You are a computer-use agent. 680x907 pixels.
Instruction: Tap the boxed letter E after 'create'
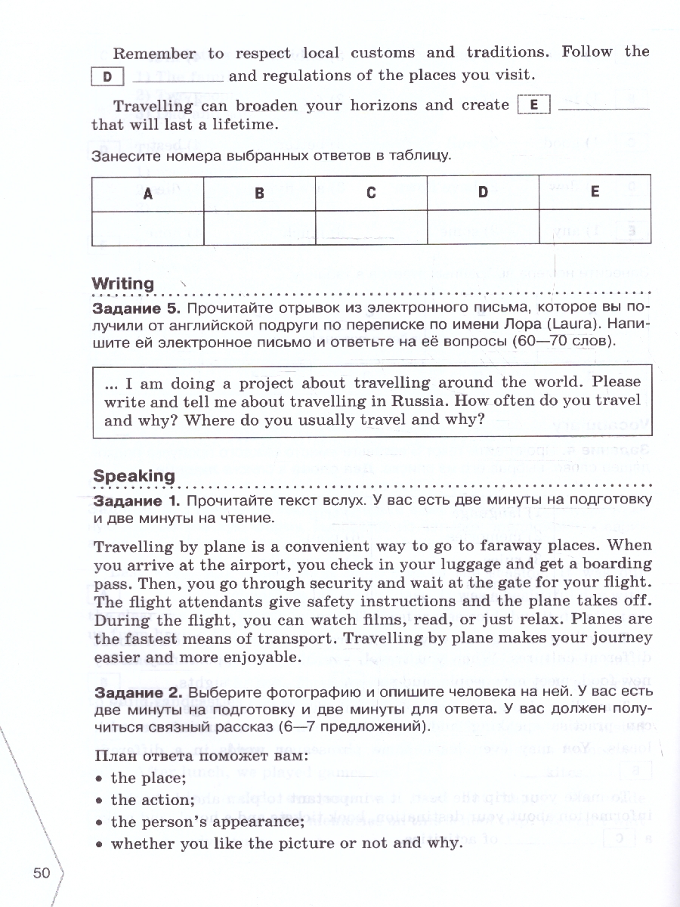(x=534, y=105)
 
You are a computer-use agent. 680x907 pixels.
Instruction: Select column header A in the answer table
(x=148, y=193)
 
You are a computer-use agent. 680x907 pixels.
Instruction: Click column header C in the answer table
(x=371, y=193)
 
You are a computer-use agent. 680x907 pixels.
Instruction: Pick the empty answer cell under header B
(x=259, y=225)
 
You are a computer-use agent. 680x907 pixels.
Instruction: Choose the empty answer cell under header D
(x=483, y=225)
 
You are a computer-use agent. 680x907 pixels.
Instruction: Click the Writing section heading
(x=122, y=283)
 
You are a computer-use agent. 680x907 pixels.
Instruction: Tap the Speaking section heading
(x=133, y=475)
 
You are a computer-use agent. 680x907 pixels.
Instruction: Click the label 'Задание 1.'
(x=136, y=501)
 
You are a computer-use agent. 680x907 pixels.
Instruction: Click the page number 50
(x=42, y=873)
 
